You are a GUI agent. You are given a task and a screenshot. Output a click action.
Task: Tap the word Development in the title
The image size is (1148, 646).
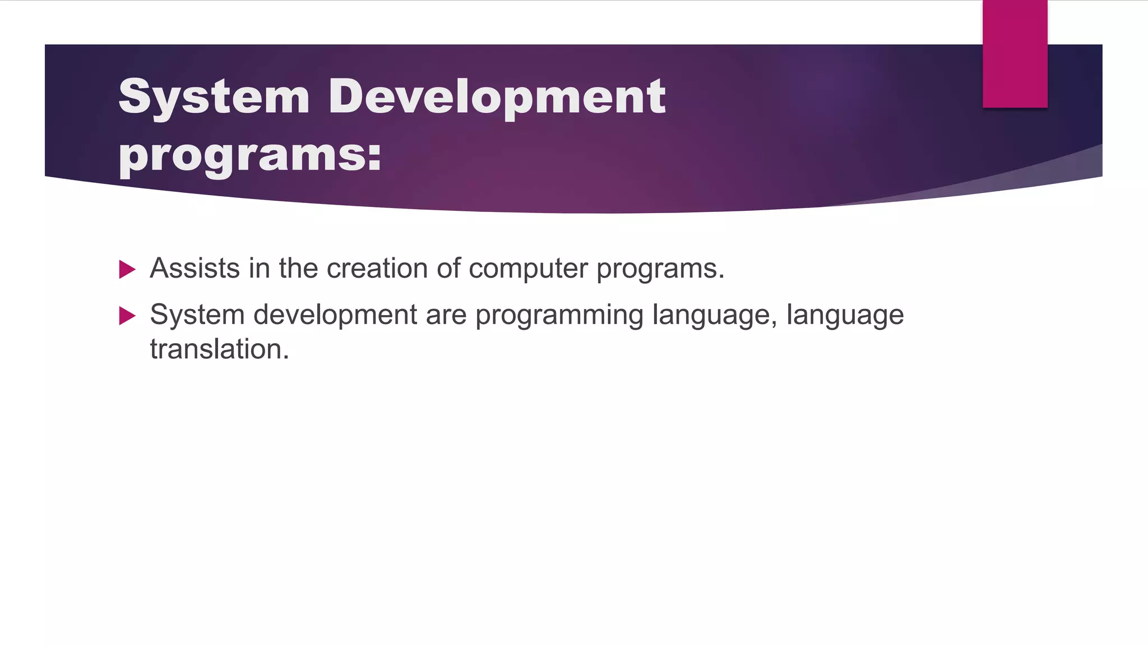click(x=497, y=96)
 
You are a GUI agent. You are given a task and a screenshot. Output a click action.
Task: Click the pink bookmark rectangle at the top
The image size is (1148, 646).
click(x=1015, y=54)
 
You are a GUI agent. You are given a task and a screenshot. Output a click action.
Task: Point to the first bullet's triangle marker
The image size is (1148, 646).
click(x=127, y=270)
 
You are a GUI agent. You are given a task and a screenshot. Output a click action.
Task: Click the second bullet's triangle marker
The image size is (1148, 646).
click(x=127, y=316)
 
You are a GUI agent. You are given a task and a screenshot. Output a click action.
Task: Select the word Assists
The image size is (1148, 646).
click(x=195, y=268)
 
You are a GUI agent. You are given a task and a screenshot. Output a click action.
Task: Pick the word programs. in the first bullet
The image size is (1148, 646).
click(x=660, y=269)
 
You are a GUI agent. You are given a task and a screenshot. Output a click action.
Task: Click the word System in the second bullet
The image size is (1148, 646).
click(x=197, y=315)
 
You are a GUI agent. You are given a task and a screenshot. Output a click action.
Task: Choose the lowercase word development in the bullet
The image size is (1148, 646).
click(x=335, y=315)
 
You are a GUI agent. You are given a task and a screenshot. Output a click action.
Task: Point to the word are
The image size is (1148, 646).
click(x=446, y=315)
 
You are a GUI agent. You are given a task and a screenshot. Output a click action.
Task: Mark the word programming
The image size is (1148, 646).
click(x=559, y=316)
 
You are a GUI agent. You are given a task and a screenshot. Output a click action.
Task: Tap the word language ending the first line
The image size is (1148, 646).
click(x=845, y=316)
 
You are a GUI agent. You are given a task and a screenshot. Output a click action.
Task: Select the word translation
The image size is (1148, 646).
click(x=219, y=349)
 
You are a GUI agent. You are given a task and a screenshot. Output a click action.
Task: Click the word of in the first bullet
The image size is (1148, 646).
click(x=448, y=268)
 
